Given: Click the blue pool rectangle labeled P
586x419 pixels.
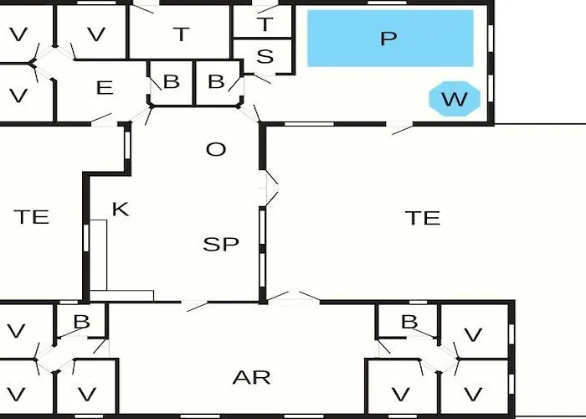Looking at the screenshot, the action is coord(390,39).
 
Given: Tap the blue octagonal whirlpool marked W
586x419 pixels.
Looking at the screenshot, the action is coord(454,99).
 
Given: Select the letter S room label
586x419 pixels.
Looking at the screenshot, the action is coord(265,56).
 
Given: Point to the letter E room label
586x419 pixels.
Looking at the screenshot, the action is coord(105,88).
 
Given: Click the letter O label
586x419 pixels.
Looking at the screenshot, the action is coord(216,150).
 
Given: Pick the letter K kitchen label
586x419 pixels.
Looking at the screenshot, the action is coord(121,209).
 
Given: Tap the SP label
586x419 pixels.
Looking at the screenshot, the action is coord(221,244).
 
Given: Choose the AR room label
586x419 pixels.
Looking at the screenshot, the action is coord(251,377).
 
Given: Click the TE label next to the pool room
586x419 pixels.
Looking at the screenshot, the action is coord(423,218).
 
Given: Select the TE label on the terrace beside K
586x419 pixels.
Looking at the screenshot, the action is coord(32,217).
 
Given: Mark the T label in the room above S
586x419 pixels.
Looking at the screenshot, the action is coord(265,24).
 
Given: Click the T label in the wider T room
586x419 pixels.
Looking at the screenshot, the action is coord(182,34).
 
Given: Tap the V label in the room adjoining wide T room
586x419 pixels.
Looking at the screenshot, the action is coord(96,34).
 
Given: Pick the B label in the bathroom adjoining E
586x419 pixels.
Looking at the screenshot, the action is coord(171,81).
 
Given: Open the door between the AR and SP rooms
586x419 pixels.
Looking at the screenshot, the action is coord(195,305).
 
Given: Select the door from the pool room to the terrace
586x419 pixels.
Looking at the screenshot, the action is coord(400,128).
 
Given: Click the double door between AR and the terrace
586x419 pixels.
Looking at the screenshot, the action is coord(293,297).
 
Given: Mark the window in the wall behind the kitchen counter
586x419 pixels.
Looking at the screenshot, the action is coord(86,237).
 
